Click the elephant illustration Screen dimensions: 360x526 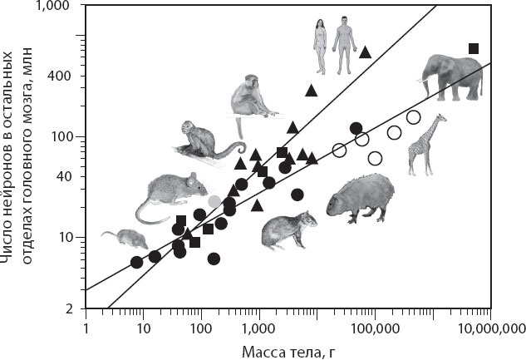coord(452,79)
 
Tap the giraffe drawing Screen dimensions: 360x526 coord(425,145)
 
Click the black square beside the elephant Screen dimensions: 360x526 coord(474,48)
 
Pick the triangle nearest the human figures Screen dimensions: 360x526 coord(365,52)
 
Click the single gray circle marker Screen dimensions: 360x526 coord(214,201)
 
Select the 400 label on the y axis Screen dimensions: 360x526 coord(66,76)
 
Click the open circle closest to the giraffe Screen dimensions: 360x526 coord(413,117)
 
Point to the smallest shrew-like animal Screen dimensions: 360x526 coord(124,239)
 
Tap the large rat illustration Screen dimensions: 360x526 coord(166,196)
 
